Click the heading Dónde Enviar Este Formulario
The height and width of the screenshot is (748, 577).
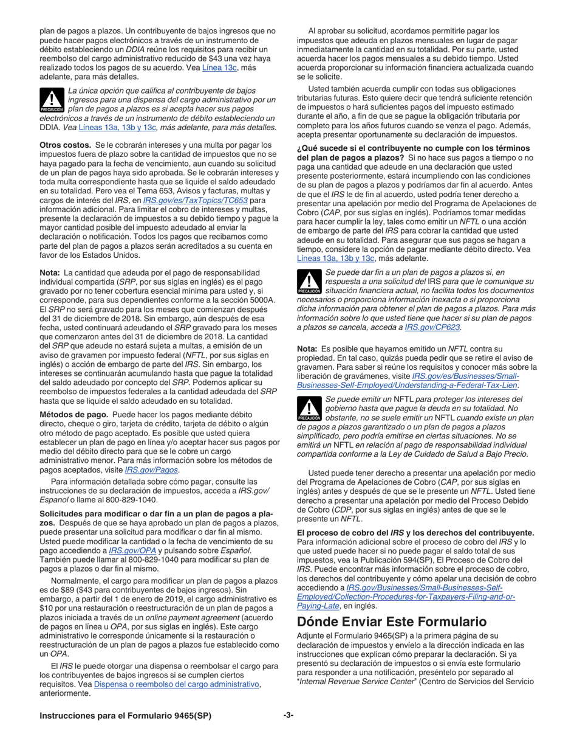pos(392,622)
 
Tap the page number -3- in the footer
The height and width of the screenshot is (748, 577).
pos(288,716)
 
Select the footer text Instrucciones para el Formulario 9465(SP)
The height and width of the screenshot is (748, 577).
pos(125,716)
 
